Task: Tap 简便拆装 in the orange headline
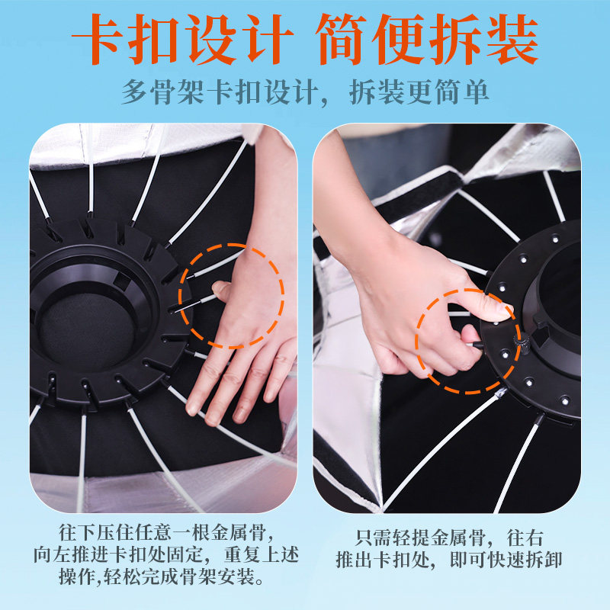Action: [427, 39]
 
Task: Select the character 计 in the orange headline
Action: [268, 39]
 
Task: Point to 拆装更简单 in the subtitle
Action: [419, 92]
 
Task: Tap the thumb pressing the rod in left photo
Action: [223, 290]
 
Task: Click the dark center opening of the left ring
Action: [88, 326]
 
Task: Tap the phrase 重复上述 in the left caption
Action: [262, 554]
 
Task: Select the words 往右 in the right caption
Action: [525, 538]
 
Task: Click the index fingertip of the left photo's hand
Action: [192, 409]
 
